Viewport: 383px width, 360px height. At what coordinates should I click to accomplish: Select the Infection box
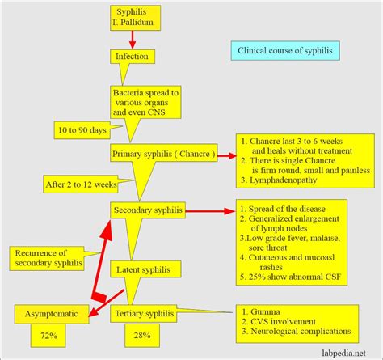click(133, 57)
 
